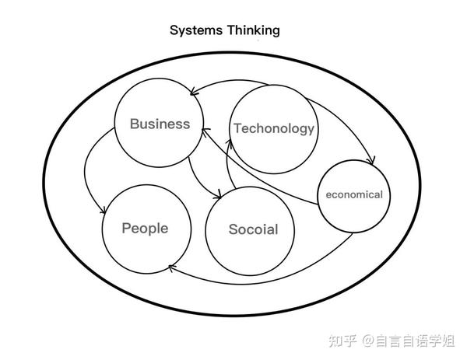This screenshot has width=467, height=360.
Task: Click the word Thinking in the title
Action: point(252,31)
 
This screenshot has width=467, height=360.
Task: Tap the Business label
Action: point(160,124)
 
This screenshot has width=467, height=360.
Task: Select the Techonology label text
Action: point(274,128)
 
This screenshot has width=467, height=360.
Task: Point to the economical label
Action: point(354,194)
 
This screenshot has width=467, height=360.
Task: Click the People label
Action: point(145,228)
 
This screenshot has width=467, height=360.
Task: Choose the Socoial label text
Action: point(253,229)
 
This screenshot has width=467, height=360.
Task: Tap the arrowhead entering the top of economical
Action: point(372,161)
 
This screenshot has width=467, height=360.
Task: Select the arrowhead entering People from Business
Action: point(104,211)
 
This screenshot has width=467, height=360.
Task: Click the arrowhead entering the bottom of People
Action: point(170,268)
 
